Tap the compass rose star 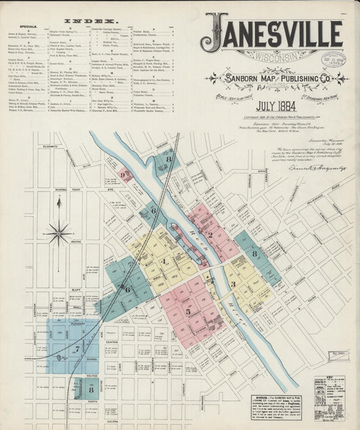pyautogui.click(x=58, y=234)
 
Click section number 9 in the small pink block pyautogui.click(x=123, y=174)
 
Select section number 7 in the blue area pyautogui.click(x=77, y=349)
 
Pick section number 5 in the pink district pyautogui.click(x=188, y=312)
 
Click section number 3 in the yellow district pyautogui.click(x=234, y=284)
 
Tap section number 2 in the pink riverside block pyautogui.click(x=210, y=235)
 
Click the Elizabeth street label pyautogui.click(x=49, y=146)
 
